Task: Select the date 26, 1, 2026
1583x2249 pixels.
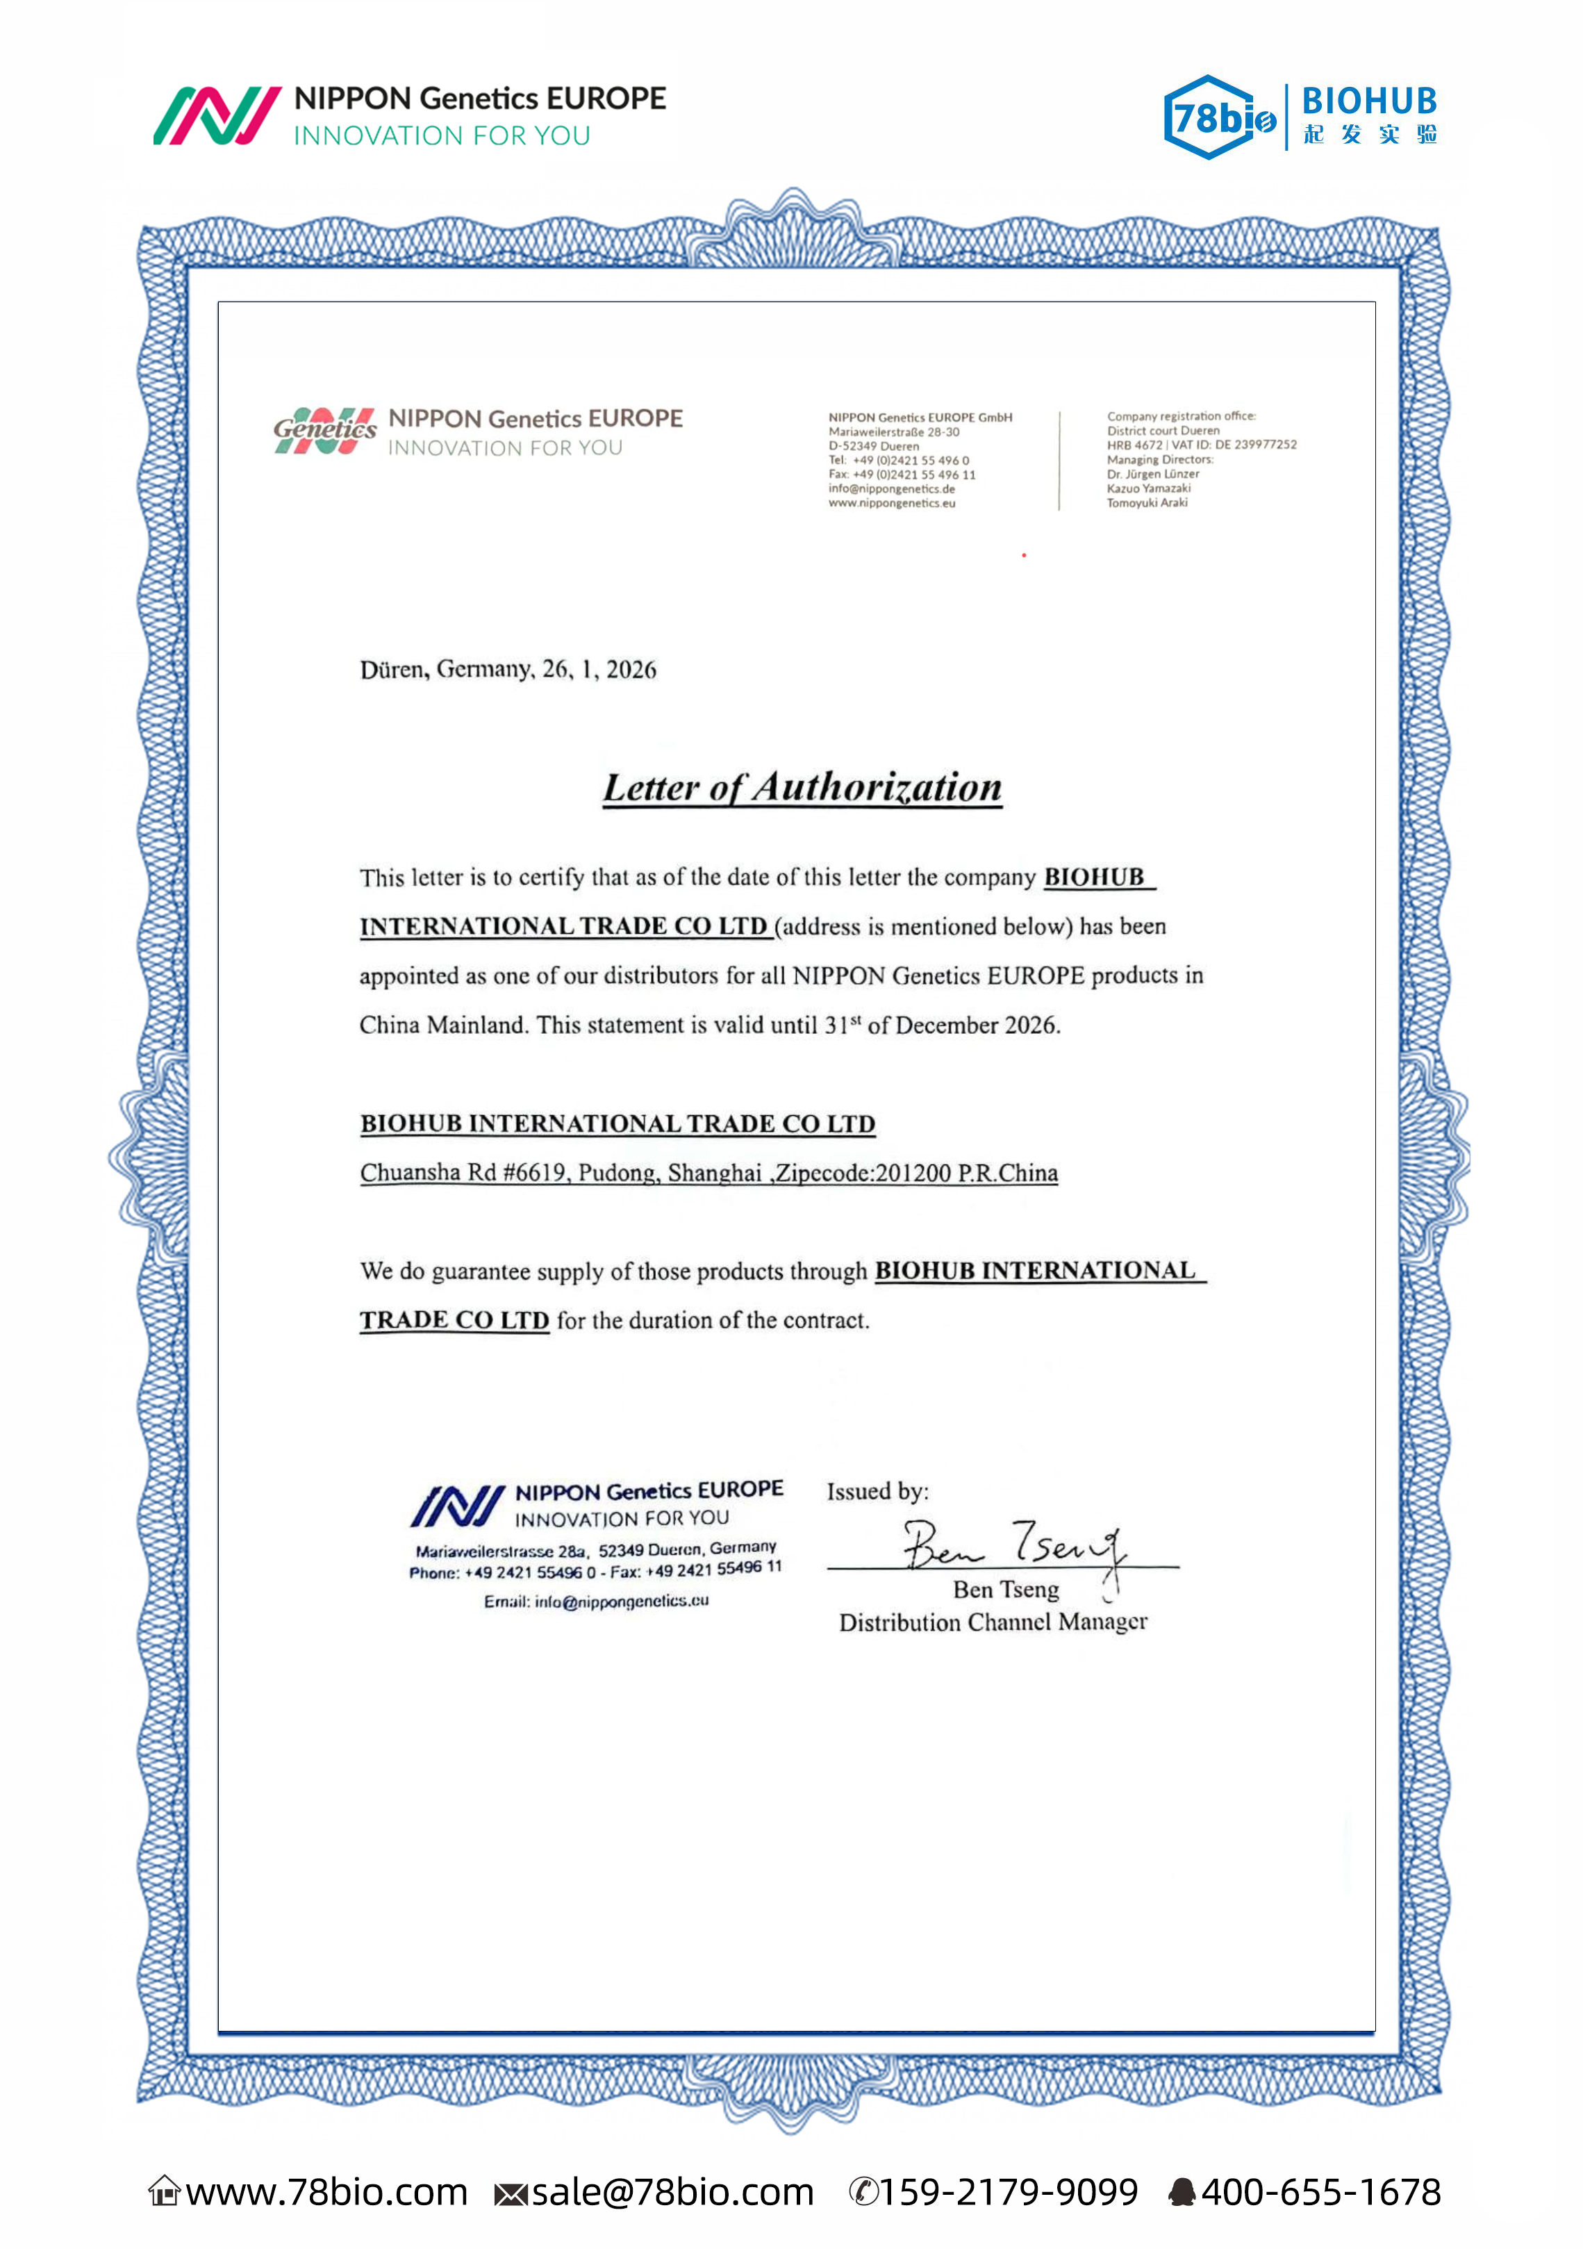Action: pos(599,669)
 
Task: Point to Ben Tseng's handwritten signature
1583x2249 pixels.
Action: pos(1014,1546)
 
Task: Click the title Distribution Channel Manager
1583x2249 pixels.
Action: pos(993,1622)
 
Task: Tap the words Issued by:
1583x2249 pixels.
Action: pos(877,1491)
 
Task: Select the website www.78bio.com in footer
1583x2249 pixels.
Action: pos(326,2191)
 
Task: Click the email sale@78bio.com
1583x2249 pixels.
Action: pos(672,2191)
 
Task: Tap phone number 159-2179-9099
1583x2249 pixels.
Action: pos(1008,2191)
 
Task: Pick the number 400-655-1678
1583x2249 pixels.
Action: pos(1320,2191)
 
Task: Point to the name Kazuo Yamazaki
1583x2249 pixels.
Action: pos(1148,488)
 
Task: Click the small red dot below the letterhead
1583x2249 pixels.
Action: pos(1024,555)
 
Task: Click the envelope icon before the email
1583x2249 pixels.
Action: pos(511,2194)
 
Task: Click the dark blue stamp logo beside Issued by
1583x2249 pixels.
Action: pos(458,1506)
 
